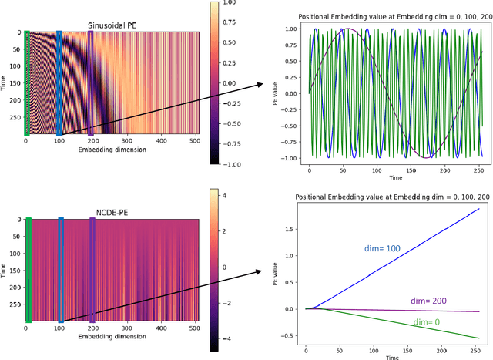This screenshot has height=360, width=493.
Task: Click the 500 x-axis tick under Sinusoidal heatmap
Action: point(194,141)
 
